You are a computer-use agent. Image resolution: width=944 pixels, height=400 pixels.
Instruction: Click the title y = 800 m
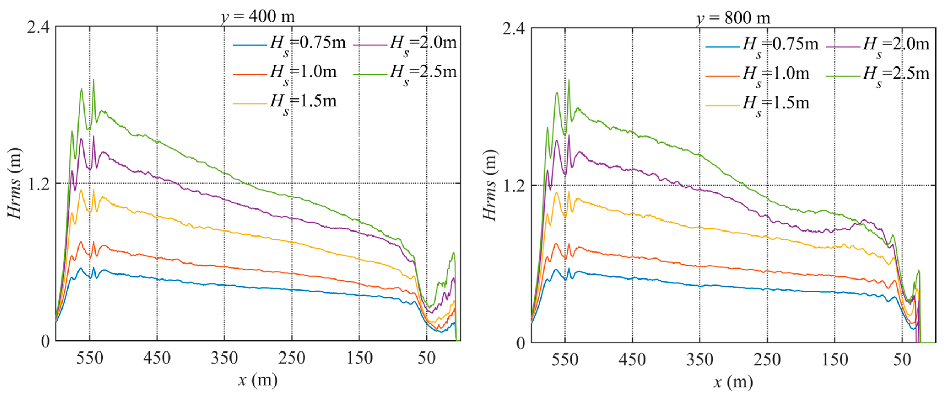point(733,18)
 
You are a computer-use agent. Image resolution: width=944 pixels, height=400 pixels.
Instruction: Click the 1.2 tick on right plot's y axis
point(513,186)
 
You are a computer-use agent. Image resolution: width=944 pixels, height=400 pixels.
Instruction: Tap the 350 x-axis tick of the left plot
point(224,358)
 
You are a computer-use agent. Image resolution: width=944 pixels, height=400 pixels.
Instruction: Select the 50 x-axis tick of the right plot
point(902,360)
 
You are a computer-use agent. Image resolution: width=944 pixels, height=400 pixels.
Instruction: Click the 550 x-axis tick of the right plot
point(565,360)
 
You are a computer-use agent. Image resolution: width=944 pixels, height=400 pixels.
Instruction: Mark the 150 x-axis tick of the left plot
point(359,358)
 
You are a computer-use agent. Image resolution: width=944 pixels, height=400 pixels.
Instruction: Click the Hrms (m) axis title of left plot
point(15,183)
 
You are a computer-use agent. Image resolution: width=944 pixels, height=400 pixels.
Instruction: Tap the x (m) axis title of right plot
point(733,382)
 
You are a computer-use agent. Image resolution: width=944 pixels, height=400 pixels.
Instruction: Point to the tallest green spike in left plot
point(93,80)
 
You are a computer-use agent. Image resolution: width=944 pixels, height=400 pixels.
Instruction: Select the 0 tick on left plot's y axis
point(45,341)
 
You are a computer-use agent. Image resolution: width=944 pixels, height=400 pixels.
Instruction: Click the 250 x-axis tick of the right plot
point(767,360)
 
